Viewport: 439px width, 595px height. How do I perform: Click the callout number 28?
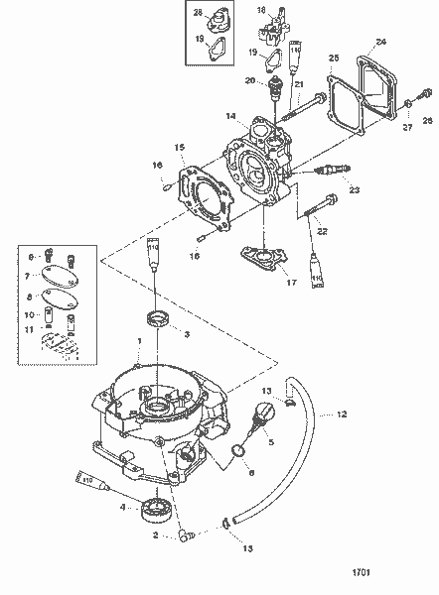pyautogui.click(x=198, y=12)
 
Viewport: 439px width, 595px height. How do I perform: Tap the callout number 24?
pyautogui.click(x=381, y=43)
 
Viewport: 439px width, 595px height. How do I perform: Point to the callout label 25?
pyautogui.click(x=333, y=58)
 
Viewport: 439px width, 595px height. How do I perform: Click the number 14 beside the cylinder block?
pyautogui.click(x=229, y=116)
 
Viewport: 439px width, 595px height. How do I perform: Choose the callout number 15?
pyautogui.click(x=179, y=148)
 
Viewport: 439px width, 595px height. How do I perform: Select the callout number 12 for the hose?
pyautogui.click(x=341, y=414)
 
